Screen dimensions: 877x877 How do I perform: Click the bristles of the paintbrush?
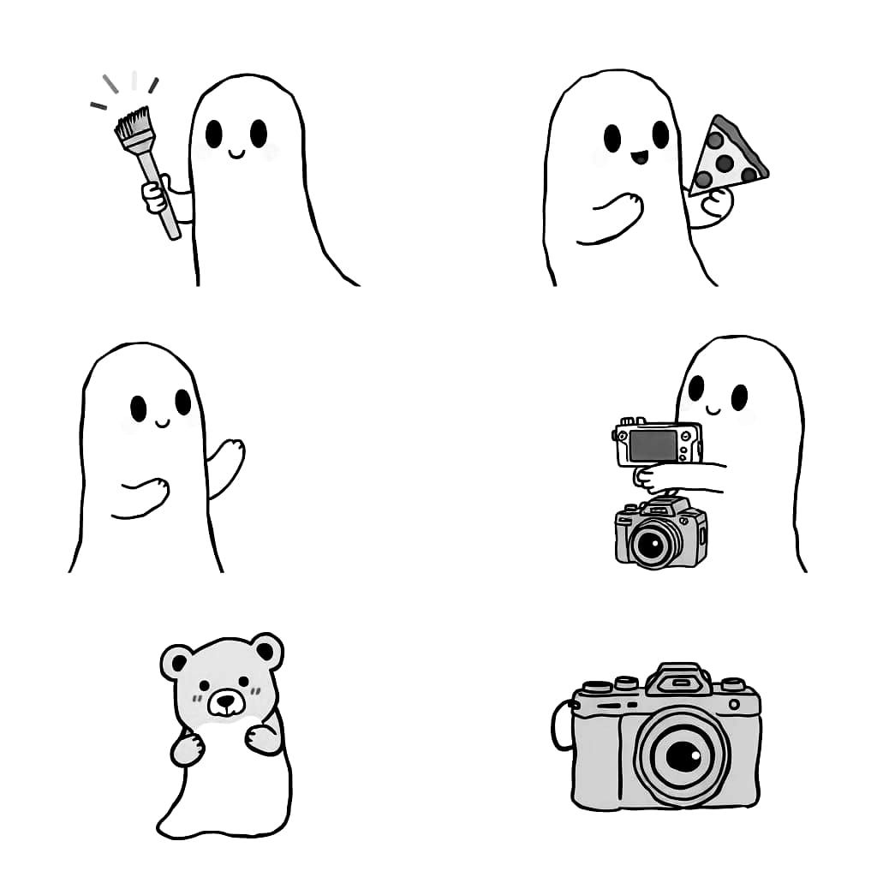tap(133, 127)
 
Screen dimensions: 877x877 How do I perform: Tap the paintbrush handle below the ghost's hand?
tap(170, 221)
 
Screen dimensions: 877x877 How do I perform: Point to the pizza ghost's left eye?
tap(612, 137)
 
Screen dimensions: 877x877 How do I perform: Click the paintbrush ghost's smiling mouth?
tap(236, 155)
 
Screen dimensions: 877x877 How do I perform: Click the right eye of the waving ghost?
tap(182, 401)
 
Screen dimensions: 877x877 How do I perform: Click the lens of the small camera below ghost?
tap(650, 542)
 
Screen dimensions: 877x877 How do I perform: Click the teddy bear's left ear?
tap(179, 661)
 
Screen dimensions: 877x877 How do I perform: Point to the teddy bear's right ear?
tap(267, 651)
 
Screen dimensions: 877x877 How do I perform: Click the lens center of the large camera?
tap(683, 755)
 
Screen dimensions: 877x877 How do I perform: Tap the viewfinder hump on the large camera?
tap(678, 679)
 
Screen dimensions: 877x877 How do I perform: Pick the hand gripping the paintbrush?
tap(155, 195)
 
